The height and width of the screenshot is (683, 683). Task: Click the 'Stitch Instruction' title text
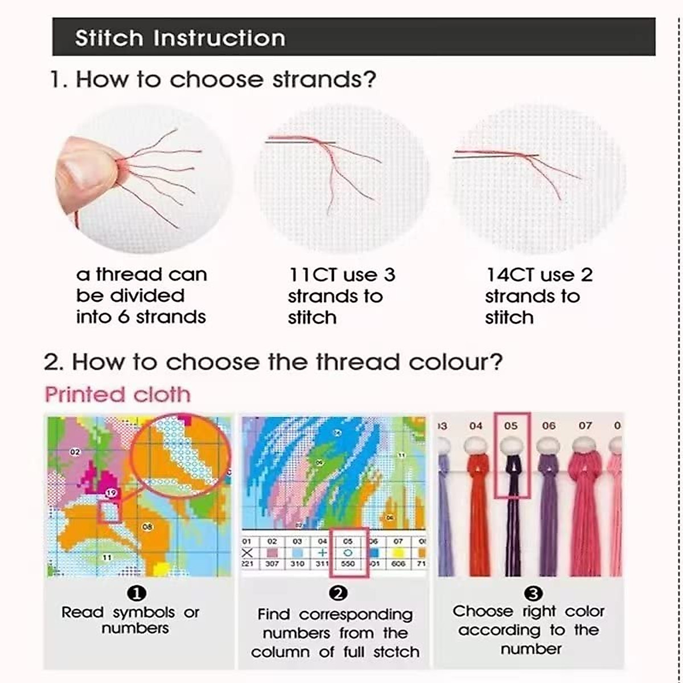click(x=180, y=38)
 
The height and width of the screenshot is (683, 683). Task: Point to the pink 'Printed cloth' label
click(x=117, y=394)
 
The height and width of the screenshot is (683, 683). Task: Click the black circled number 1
click(x=138, y=594)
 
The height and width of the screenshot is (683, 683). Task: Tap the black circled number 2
click(x=338, y=594)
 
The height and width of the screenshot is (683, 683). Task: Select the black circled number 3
click(x=533, y=594)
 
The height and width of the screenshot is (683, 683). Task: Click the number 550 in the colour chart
click(x=348, y=563)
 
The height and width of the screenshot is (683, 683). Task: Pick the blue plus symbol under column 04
click(x=323, y=553)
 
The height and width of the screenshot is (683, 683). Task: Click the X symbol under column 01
click(x=248, y=553)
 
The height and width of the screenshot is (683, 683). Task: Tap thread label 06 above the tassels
click(x=549, y=426)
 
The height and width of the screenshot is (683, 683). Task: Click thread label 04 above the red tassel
click(x=476, y=426)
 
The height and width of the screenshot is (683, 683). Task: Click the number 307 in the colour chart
click(x=272, y=563)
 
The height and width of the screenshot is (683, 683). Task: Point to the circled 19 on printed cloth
click(x=112, y=493)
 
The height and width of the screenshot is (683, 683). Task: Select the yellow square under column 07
click(x=398, y=553)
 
